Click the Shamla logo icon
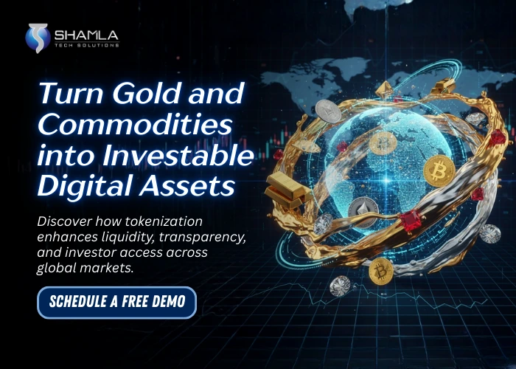click(x=38, y=38)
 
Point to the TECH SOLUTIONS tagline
click(x=86, y=45)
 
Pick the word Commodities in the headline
click(x=122, y=125)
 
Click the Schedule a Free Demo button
click(x=117, y=302)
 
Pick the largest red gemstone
click(x=411, y=219)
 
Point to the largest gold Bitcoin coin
click(x=439, y=171)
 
